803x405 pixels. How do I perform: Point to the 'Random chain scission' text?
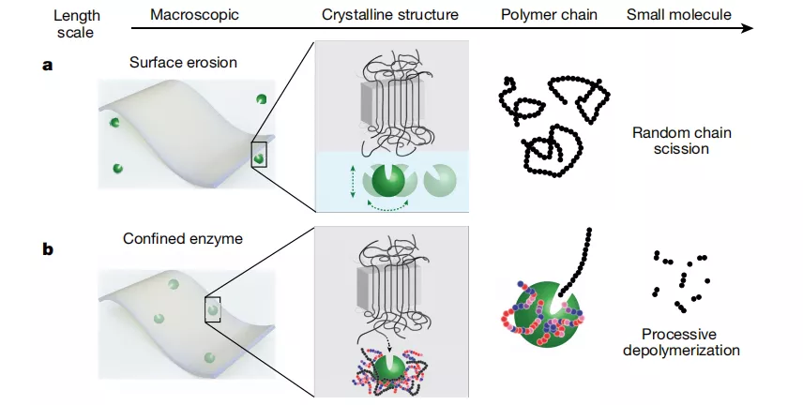681,141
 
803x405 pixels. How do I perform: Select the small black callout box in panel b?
213,307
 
